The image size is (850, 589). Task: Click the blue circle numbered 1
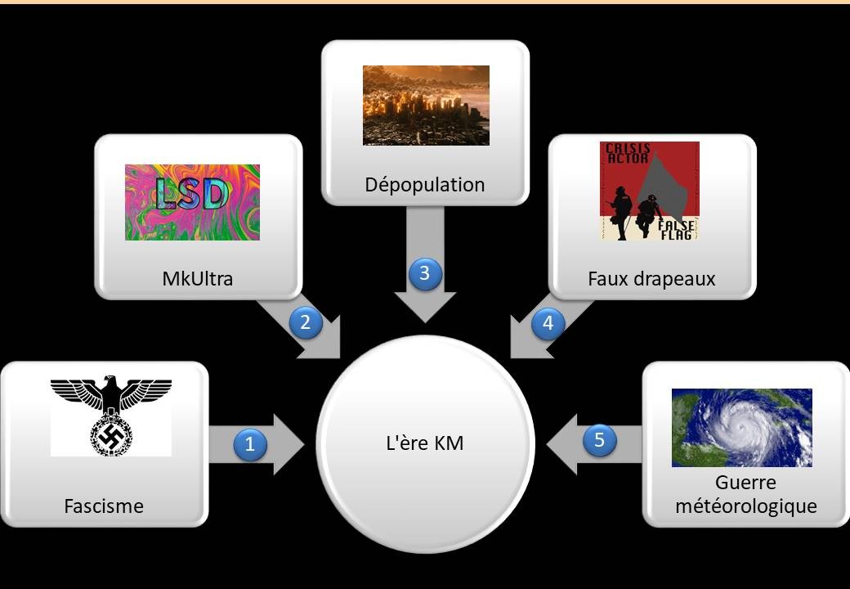coord(250,444)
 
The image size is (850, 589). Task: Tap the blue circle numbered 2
coord(306,322)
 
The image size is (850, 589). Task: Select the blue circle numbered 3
coord(425,273)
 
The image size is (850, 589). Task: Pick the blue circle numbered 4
coord(548,323)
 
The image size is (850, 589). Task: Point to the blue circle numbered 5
coord(600,439)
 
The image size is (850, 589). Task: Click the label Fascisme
coord(104,506)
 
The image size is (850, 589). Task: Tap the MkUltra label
coord(197,279)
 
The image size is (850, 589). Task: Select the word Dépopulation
coord(425,185)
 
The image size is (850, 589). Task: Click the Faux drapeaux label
coord(651,279)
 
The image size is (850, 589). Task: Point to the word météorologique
coord(746,506)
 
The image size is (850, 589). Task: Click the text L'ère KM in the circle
coord(425,443)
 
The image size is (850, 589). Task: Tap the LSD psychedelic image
coord(192,202)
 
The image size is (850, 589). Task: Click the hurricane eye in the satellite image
coord(741,426)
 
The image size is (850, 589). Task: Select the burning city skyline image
coord(426,106)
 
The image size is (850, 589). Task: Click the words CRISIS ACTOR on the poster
coord(628,153)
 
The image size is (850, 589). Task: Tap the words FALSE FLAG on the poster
coord(676,230)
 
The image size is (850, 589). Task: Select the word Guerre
coord(745,482)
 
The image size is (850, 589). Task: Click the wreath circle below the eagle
coord(111,435)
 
